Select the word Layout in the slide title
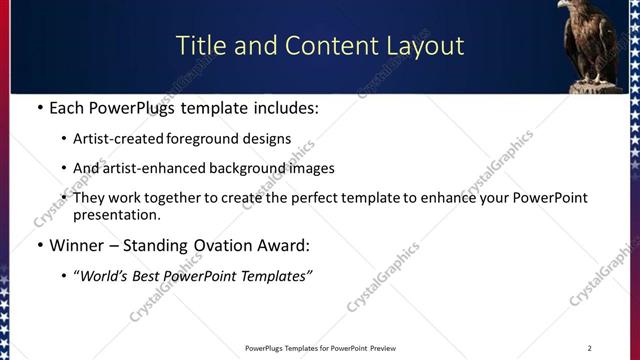click(x=426, y=46)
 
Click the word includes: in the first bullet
click(x=283, y=108)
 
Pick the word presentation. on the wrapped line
click(x=116, y=214)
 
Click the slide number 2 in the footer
click(x=590, y=348)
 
